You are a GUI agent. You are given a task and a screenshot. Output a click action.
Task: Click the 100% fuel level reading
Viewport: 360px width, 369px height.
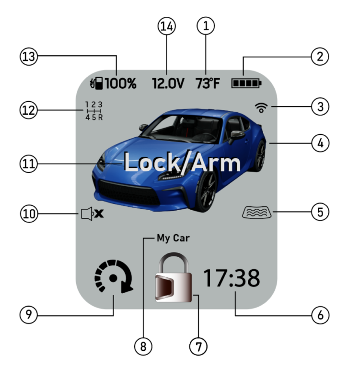pos(121,83)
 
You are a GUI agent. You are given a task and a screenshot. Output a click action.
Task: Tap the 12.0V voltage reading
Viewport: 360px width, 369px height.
pos(168,83)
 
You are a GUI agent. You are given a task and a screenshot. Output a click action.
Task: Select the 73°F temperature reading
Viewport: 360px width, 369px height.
pos(207,83)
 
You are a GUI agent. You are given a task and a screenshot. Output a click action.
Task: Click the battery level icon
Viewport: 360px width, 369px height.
pos(246,83)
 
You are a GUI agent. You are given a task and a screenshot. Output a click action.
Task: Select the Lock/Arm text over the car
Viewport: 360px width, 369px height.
pos(182,163)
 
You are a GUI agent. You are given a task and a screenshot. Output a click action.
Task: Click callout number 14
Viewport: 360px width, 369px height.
pos(167,27)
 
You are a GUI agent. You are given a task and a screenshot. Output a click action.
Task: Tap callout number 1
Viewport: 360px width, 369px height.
pos(207,27)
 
